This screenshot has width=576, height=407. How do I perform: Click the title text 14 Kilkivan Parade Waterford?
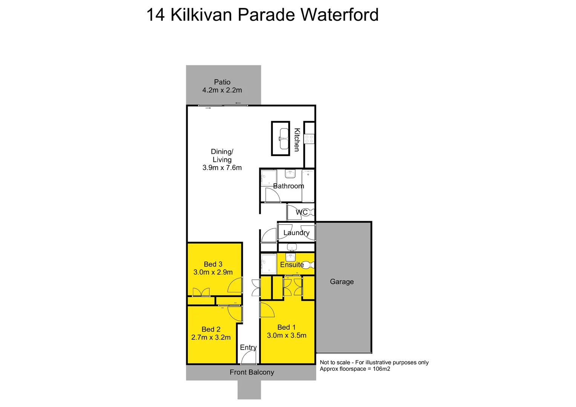262,15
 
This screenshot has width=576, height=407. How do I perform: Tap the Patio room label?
222,82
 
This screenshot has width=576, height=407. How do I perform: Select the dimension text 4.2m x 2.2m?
222,90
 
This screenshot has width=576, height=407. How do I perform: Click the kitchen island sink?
283,138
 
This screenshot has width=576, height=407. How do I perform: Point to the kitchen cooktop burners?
309,139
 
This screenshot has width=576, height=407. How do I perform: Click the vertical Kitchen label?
297,140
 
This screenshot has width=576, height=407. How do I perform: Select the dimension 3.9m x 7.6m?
222,168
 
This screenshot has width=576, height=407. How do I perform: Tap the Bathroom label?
288,186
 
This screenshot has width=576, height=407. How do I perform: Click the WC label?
302,212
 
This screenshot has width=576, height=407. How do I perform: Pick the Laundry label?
296,233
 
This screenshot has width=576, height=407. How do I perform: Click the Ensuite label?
292,265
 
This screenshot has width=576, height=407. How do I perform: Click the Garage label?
342,282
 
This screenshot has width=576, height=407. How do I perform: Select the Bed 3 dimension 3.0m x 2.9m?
213,272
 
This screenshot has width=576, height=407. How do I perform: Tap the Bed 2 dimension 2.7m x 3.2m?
211,337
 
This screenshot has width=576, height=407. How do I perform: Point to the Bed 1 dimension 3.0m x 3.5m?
286,335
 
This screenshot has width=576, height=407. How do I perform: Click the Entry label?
248,347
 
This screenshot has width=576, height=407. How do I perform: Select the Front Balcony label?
252,372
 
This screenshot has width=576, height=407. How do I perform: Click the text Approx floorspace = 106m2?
355,369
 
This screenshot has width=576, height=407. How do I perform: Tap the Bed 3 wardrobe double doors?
201,292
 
